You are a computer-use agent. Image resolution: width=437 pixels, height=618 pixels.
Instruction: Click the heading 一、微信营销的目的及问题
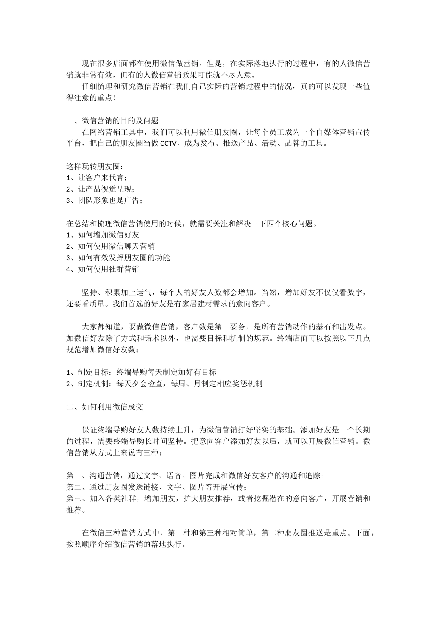[x=113, y=120]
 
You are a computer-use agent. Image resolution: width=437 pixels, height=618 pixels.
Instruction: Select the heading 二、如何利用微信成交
[x=106, y=406]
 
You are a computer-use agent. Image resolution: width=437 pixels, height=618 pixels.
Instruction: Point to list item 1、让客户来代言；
[x=97, y=177]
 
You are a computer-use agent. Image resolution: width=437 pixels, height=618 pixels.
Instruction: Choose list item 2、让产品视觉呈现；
[x=101, y=189]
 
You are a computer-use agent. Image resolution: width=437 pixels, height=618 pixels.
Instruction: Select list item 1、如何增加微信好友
[x=103, y=235]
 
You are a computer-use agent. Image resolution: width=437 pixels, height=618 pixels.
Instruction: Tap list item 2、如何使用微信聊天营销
[x=110, y=246]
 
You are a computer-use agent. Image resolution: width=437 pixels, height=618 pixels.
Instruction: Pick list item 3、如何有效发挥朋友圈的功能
[x=118, y=257]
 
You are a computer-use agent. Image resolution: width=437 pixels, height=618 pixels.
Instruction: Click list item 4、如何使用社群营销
[x=103, y=269]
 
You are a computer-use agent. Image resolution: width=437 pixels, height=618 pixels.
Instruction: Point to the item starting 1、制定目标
[x=141, y=372]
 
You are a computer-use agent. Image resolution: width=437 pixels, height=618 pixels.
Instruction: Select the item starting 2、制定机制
[x=164, y=383]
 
